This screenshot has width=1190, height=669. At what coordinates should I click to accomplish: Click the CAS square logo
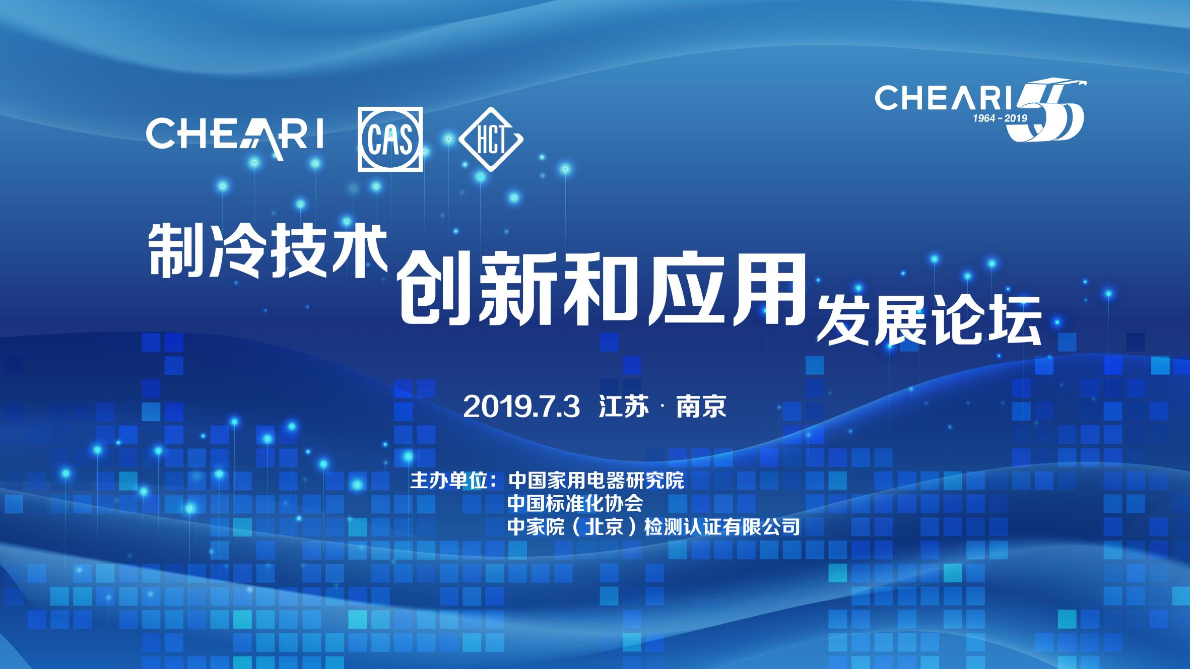390,139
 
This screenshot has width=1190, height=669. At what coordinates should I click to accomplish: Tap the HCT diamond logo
491,139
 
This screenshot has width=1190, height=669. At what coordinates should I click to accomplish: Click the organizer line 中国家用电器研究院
596,481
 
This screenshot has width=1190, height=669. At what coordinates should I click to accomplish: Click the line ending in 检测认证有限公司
654,526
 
